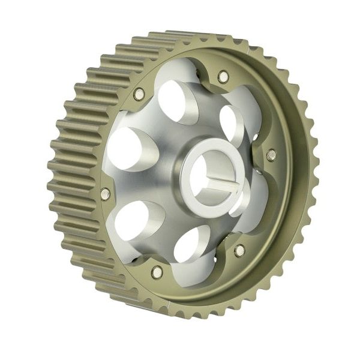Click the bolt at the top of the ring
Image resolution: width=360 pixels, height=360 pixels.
(223, 77)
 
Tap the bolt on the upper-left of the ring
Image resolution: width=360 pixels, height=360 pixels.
(139, 94)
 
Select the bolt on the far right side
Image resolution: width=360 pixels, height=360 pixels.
(271, 155)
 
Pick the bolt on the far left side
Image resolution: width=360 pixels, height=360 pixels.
(106, 194)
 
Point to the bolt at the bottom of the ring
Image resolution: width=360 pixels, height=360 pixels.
(157, 272)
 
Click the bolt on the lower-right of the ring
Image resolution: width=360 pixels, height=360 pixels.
(239, 250)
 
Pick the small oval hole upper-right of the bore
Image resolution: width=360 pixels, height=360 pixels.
(230, 123)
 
